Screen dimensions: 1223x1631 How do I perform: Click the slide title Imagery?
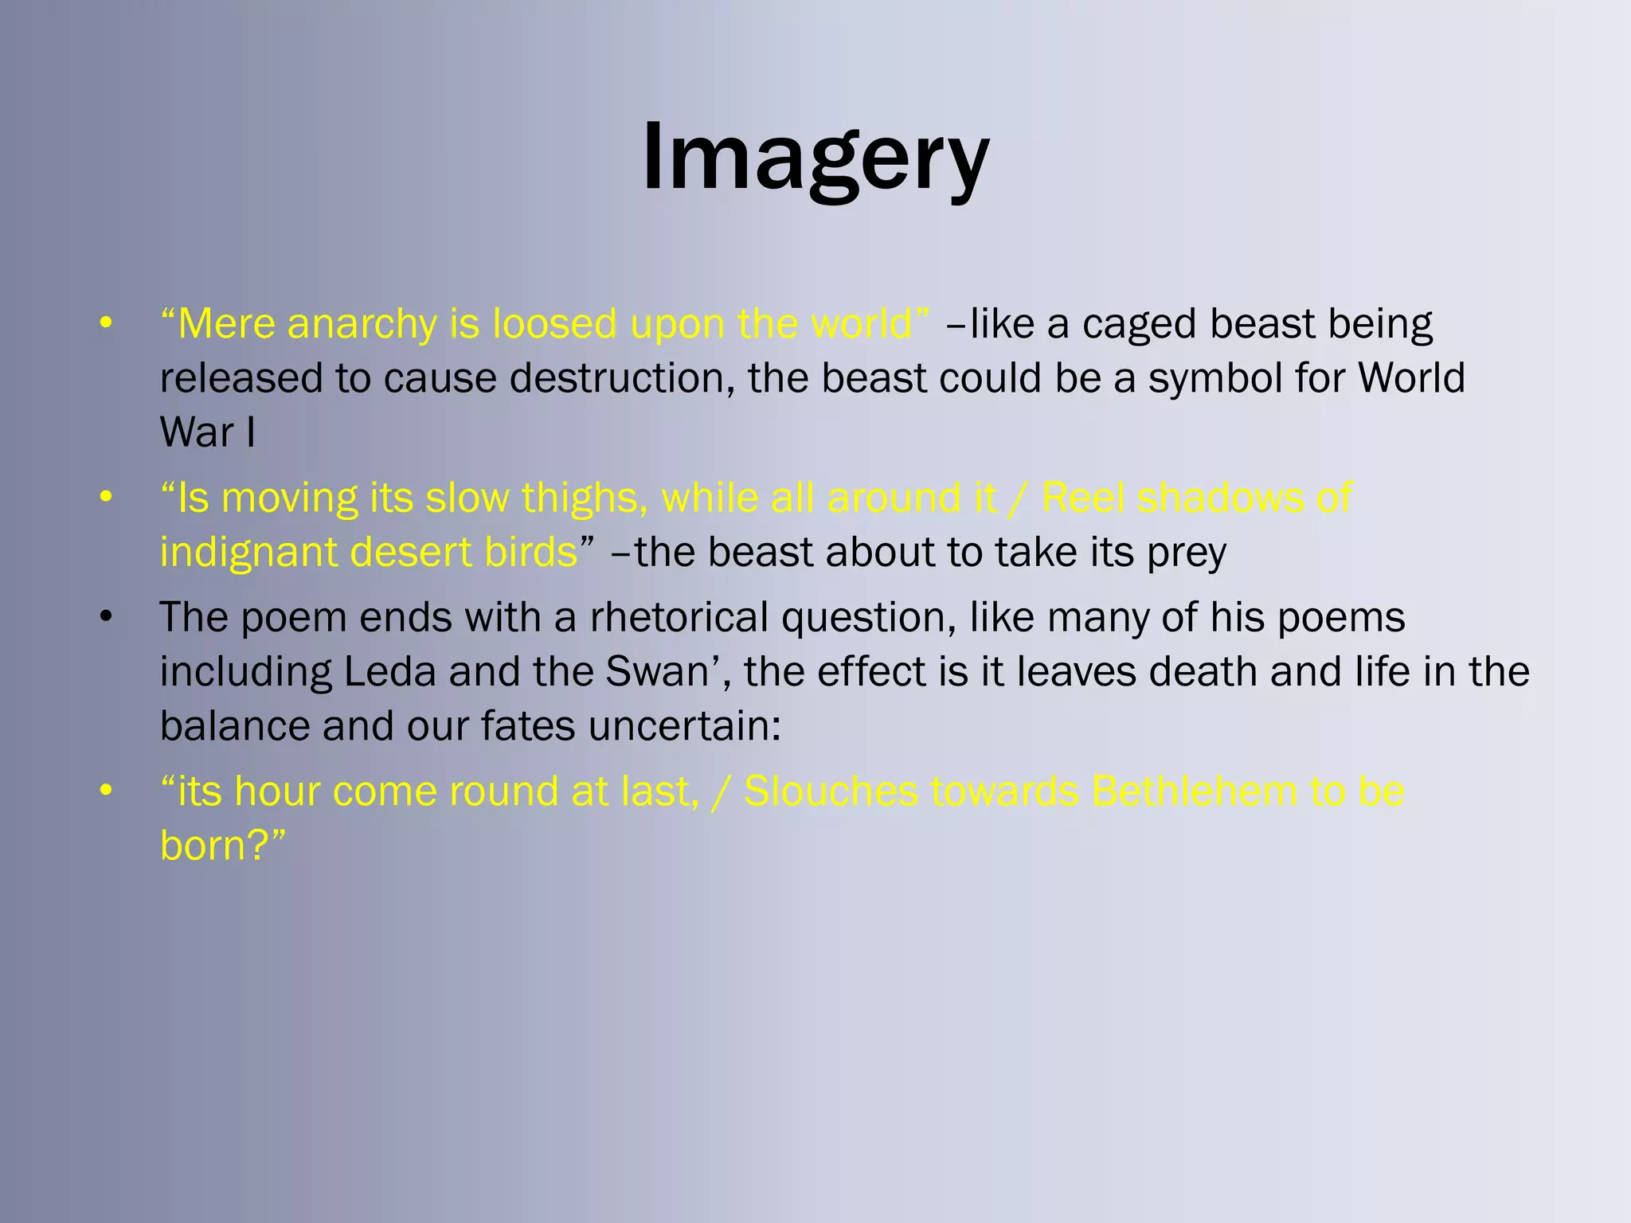pyautogui.click(x=815, y=158)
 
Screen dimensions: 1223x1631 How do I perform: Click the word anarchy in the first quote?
pyautogui.click(x=362, y=324)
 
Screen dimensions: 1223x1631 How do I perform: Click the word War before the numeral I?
pyautogui.click(x=197, y=432)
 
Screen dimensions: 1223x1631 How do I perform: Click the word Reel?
pyautogui.click(x=1082, y=498)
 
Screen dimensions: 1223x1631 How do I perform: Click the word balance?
pyautogui.click(x=235, y=726)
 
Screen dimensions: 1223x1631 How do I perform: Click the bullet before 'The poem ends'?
pyautogui.click(x=106, y=618)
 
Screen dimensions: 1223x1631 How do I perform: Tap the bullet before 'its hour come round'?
pyautogui.click(x=106, y=791)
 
